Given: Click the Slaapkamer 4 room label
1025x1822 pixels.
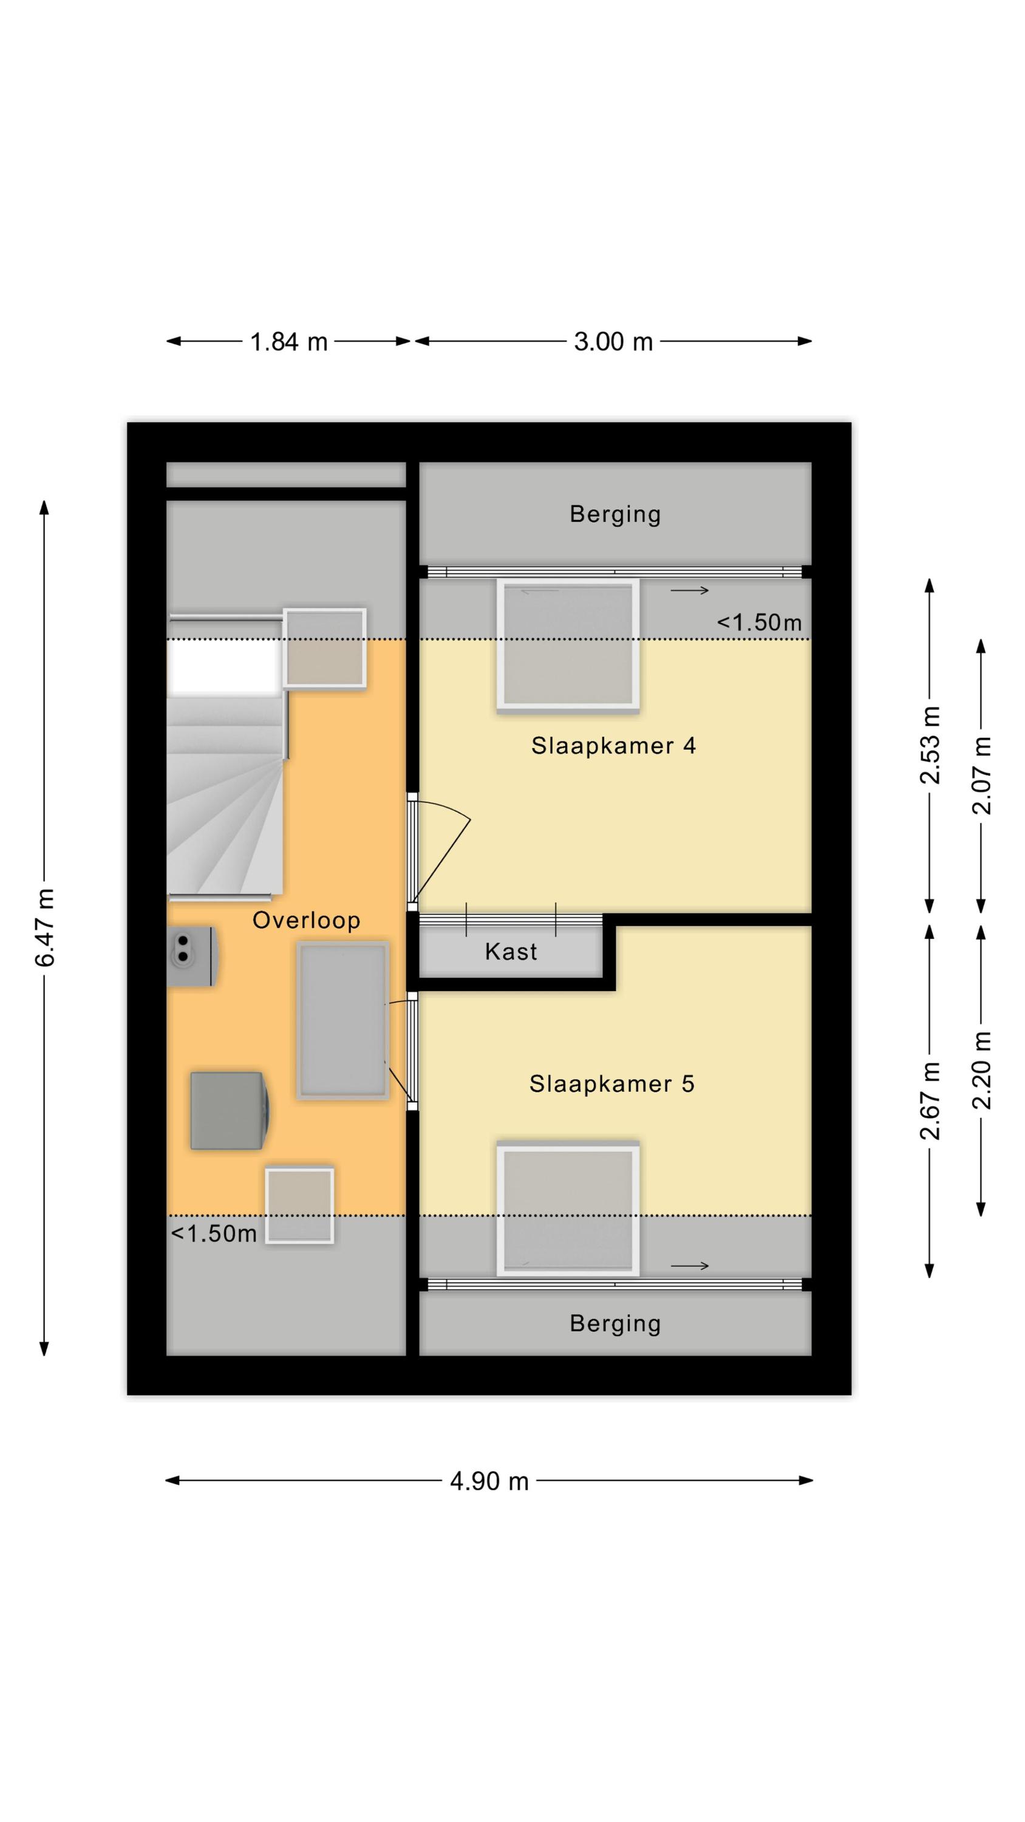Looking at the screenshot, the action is coord(613,745).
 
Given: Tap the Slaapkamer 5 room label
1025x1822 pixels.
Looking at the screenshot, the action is coord(612,1083).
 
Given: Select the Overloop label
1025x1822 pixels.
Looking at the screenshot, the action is coord(306,920).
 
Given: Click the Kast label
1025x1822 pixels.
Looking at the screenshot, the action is coord(511,951).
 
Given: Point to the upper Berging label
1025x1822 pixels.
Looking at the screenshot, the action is coord(615,514).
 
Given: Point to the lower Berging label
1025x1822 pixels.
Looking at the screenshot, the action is coord(615,1323).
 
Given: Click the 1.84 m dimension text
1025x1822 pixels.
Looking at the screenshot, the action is coord(288,341).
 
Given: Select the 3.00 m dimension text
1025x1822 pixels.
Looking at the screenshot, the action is coord(613,341).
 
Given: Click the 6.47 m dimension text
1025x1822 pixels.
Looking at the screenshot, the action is coord(44,927).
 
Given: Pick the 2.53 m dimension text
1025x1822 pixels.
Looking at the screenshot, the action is coord(930,745).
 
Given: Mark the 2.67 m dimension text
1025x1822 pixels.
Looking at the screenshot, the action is coord(930,1101).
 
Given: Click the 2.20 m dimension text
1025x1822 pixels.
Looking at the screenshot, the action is coord(981,1070).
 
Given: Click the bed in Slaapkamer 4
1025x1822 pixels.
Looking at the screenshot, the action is coord(568,644).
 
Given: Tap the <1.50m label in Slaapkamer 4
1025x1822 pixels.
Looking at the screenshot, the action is coord(759,623).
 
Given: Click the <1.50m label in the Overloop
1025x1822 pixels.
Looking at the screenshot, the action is coord(214,1233).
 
